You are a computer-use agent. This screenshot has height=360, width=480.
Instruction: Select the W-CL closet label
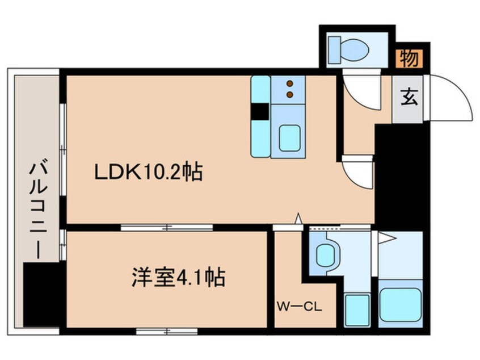click(x=300, y=308)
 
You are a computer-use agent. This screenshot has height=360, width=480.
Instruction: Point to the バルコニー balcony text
click(x=39, y=210)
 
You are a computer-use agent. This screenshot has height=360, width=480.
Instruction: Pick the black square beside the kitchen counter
click(x=260, y=112)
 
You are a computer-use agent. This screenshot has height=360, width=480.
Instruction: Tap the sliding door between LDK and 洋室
click(x=167, y=228)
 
